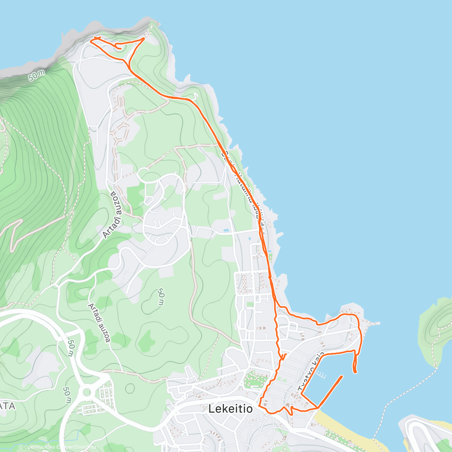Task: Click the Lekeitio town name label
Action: [x=230, y=409]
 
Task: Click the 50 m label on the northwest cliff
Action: [x=37, y=75]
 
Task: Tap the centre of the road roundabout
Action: [x=87, y=392]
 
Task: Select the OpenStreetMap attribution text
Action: [x=77, y=447]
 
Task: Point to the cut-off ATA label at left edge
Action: [x=8, y=406]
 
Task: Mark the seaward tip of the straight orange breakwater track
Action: [x=342, y=376]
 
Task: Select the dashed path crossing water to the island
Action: [x=407, y=392]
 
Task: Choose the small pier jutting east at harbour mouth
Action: [x=373, y=322]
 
